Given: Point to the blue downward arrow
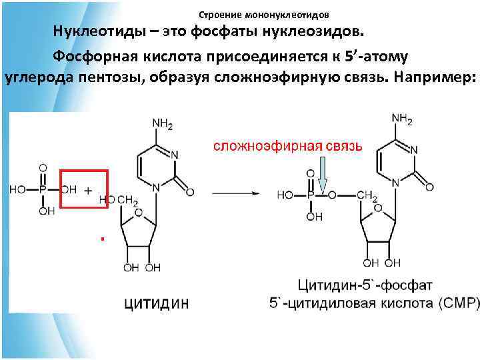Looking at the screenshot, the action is [323, 178].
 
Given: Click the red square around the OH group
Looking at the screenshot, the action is [84, 189].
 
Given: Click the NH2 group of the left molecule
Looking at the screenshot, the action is [163, 123].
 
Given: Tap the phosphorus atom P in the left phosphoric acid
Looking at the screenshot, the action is [42, 189].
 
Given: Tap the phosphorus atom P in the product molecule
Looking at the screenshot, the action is [309, 195].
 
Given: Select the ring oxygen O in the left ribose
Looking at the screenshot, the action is [137, 213].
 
